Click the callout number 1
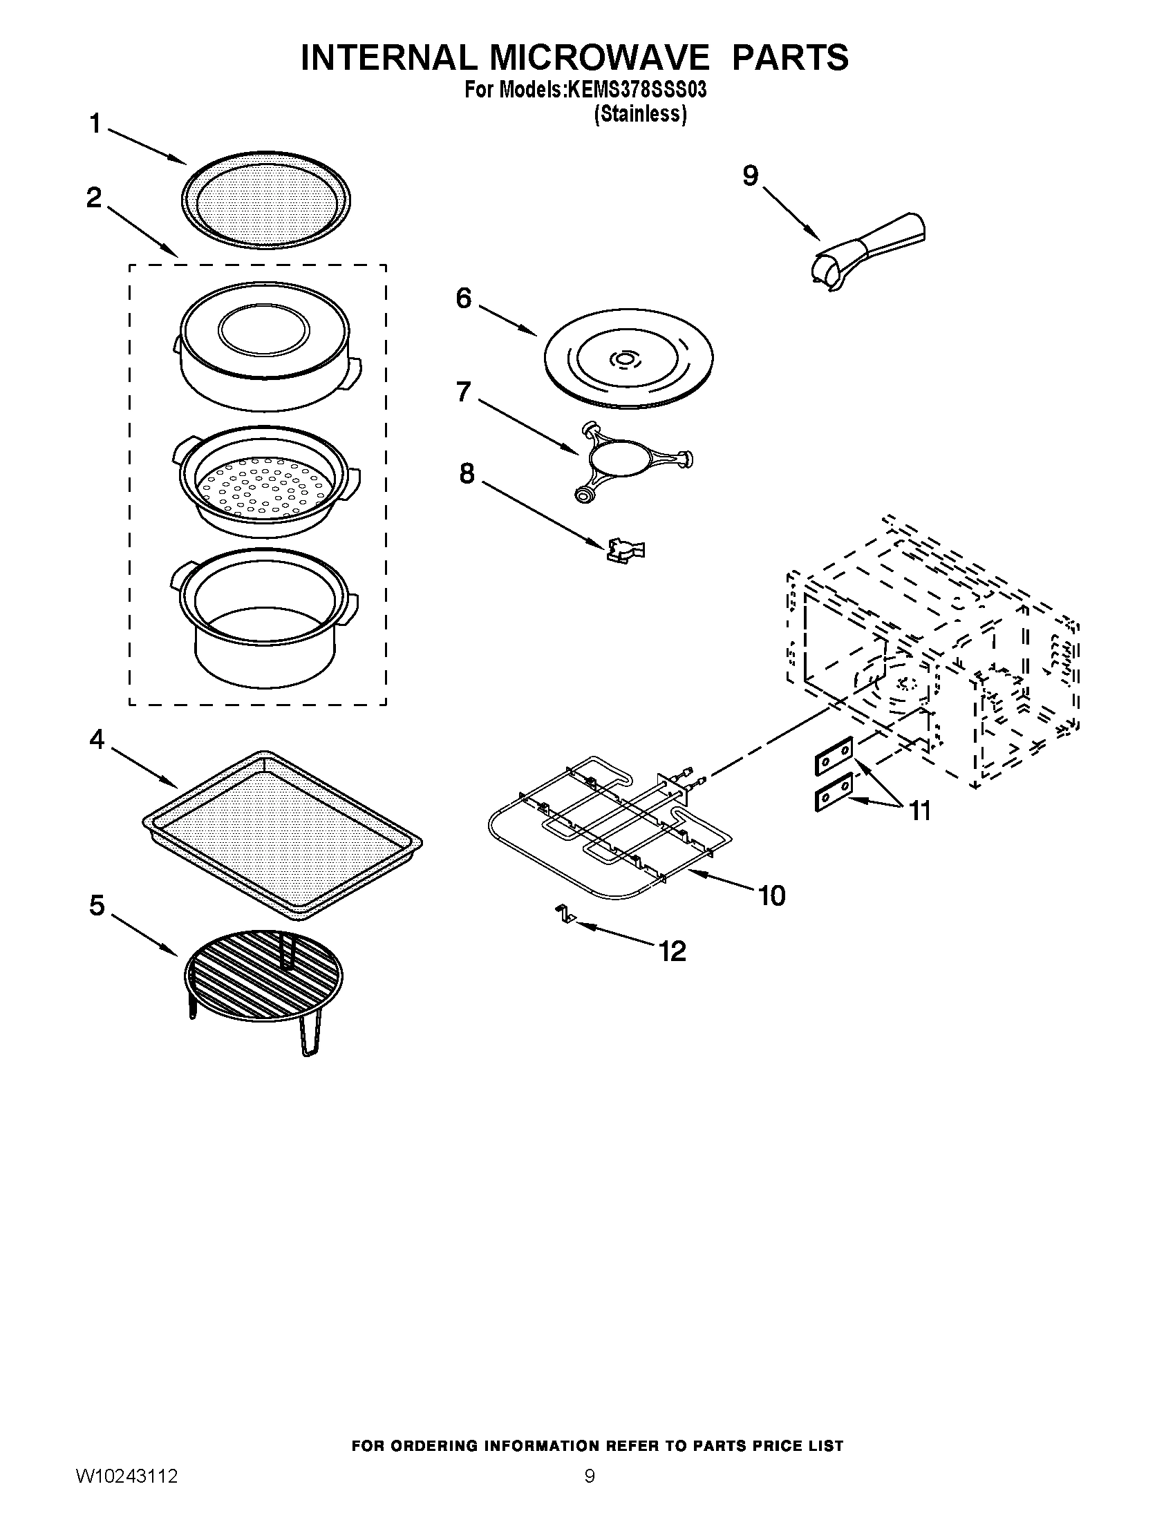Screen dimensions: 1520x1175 [95, 124]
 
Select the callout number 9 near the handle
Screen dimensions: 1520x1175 [750, 176]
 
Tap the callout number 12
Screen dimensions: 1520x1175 [673, 951]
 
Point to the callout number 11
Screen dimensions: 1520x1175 [920, 810]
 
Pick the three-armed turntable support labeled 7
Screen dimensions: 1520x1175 [632, 461]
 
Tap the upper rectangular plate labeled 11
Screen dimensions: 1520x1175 [834, 756]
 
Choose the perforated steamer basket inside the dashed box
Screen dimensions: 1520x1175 [266, 483]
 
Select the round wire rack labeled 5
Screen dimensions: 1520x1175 [263, 978]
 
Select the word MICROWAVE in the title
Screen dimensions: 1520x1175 [598, 57]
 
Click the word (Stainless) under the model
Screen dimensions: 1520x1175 [640, 113]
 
